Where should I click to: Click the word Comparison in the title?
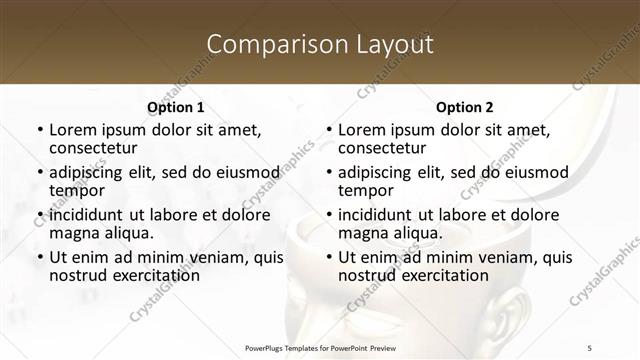pos(268,44)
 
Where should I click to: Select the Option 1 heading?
pos(175,107)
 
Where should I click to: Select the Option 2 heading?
pos(464,107)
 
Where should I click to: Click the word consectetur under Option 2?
pos(385,149)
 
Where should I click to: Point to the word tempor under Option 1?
pos(76,191)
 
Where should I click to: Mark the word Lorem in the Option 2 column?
pos(362,130)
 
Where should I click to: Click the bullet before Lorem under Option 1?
pos(39,131)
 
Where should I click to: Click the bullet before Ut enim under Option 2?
pos(328,257)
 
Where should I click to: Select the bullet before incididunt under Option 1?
pos(39,215)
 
